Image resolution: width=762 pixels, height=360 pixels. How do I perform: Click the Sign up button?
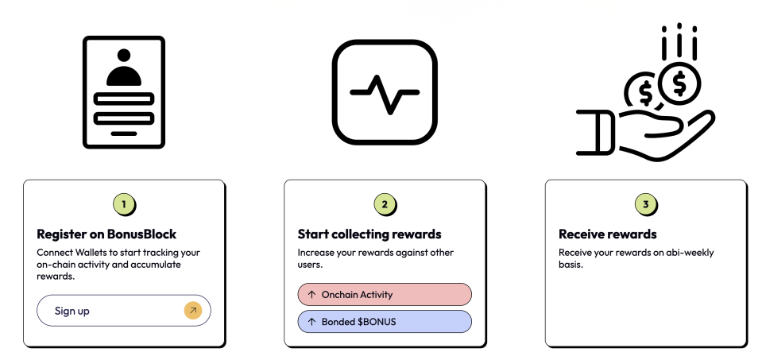point(123,311)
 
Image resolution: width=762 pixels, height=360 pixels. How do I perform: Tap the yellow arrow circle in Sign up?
point(193,311)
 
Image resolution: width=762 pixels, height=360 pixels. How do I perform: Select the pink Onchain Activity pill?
point(385,294)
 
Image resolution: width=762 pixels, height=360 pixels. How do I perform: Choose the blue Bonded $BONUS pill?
point(385,322)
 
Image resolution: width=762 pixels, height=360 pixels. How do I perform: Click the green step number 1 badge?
point(124,204)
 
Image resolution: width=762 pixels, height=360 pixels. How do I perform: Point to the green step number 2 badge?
point(385,204)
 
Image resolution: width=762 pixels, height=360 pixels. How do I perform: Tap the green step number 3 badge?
point(646,204)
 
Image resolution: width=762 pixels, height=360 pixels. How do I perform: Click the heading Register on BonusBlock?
point(106,234)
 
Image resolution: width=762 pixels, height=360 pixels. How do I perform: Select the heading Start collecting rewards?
point(369,234)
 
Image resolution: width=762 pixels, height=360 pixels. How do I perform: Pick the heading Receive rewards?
point(608,234)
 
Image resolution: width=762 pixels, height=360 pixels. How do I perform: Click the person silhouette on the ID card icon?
point(124,68)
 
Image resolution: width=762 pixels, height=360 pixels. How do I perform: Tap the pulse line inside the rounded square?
point(385,93)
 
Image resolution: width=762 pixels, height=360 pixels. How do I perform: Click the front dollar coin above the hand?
point(679,83)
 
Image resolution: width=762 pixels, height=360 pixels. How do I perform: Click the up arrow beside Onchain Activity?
point(312,294)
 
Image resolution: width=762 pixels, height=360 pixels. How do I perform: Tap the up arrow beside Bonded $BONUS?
point(312,322)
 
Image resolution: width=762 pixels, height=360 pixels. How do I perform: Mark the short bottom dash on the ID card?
point(124,134)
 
